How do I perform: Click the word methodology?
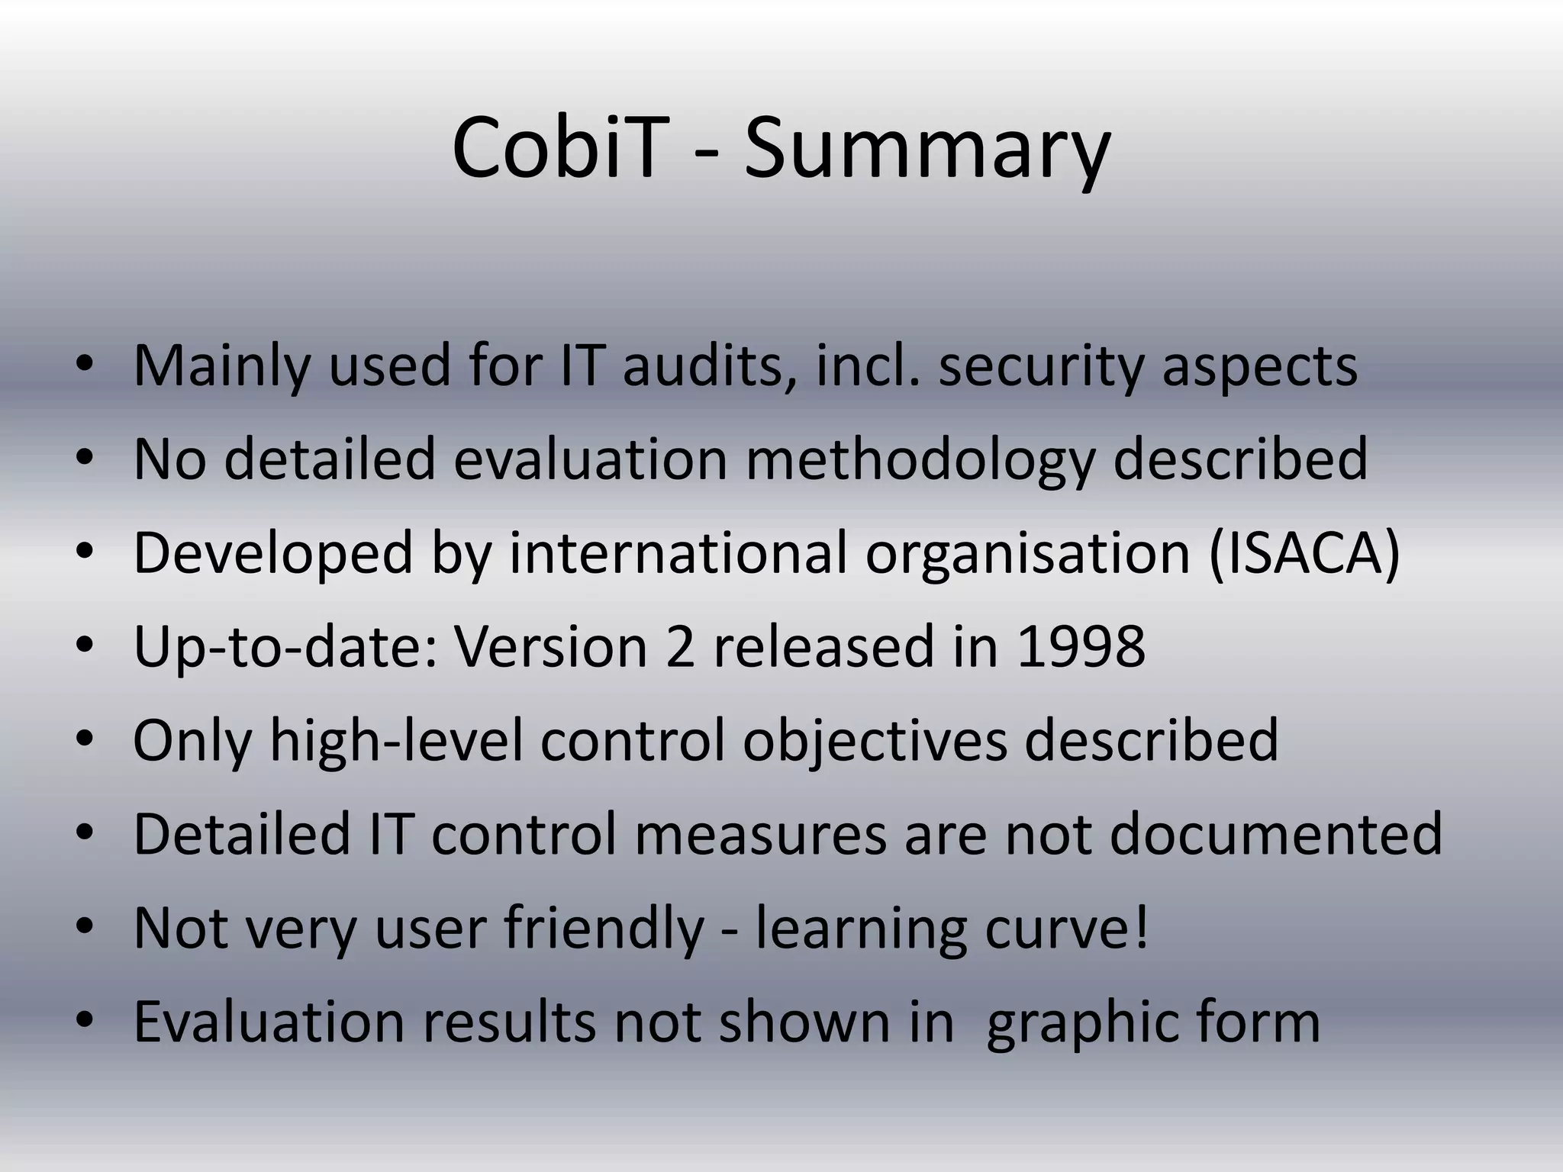pyautogui.click(x=920, y=460)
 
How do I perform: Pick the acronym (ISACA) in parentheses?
pyautogui.click(x=1305, y=553)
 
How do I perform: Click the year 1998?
pyautogui.click(x=1081, y=647)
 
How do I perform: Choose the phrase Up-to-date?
pyautogui.click(x=285, y=647)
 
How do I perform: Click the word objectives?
pyautogui.click(x=875, y=741)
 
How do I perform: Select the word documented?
pyautogui.click(x=1276, y=834)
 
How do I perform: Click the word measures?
pyautogui.click(x=760, y=834)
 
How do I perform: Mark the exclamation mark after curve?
pyautogui.click(x=1142, y=927)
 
